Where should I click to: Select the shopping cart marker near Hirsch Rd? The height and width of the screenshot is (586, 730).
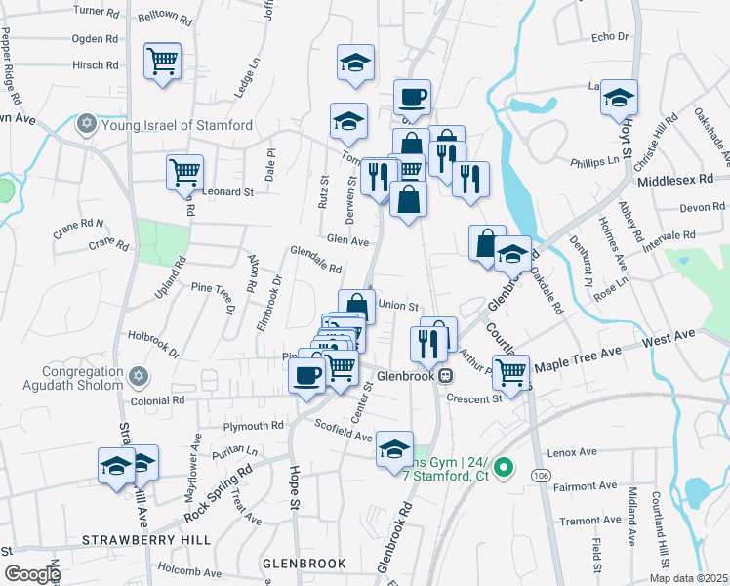point(162,61)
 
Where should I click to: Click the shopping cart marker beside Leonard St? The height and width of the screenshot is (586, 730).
point(184,172)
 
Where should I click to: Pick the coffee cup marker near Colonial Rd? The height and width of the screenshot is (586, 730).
point(307,375)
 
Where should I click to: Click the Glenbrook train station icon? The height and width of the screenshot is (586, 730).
point(445,375)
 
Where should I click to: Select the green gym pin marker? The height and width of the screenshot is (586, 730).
point(504,469)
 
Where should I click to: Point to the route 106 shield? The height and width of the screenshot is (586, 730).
point(541,474)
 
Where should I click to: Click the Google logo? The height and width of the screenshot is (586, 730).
point(31,574)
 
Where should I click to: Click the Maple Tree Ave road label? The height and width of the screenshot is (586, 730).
point(577,356)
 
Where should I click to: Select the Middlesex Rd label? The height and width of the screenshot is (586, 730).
point(673,182)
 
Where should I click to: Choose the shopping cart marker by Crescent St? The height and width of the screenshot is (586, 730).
point(510,371)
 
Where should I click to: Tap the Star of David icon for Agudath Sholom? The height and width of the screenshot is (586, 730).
point(139,376)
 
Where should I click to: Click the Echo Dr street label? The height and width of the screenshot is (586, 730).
point(610,36)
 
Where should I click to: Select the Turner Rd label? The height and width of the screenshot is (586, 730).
point(95,11)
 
